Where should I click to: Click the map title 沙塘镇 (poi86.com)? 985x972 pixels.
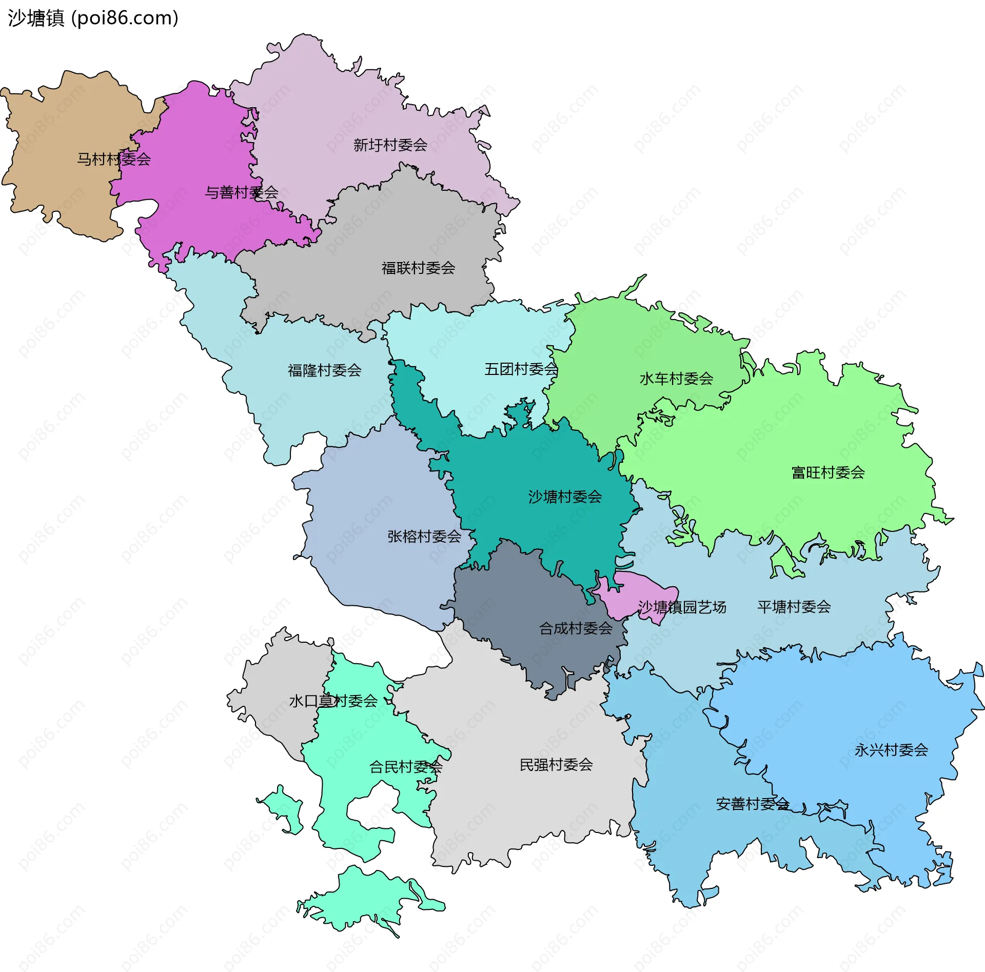(x=93, y=18)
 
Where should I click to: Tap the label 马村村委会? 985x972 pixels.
(x=114, y=159)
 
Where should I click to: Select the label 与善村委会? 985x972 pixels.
(x=242, y=192)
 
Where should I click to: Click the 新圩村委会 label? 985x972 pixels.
(x=390, y=145)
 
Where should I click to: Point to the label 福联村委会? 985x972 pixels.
(x=419, y=268)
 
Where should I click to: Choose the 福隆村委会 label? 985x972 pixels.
(x=325, y=370)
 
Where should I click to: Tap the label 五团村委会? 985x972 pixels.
(x=521, y=369)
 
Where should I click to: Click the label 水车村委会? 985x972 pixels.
(x=677, y=379)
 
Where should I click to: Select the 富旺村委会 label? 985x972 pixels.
(x=829, y=472)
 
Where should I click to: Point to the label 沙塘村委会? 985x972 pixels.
(x=565, y=497)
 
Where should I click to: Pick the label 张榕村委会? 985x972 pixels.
(x=425, y=537)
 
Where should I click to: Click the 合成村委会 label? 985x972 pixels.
(x=576, y=628)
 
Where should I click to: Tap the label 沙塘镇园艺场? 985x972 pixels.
(x=682, y=607)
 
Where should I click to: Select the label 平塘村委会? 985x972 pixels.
(x=794, y=607)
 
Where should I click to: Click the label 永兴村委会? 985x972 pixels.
(x=892, y=750)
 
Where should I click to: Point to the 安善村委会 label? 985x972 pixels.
(x=753, y=804)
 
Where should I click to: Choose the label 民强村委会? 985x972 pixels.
(x=557, y=765)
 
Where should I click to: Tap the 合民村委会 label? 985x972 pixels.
(x=406, y=767)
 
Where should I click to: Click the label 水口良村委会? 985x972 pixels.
(x=333, y=701)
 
